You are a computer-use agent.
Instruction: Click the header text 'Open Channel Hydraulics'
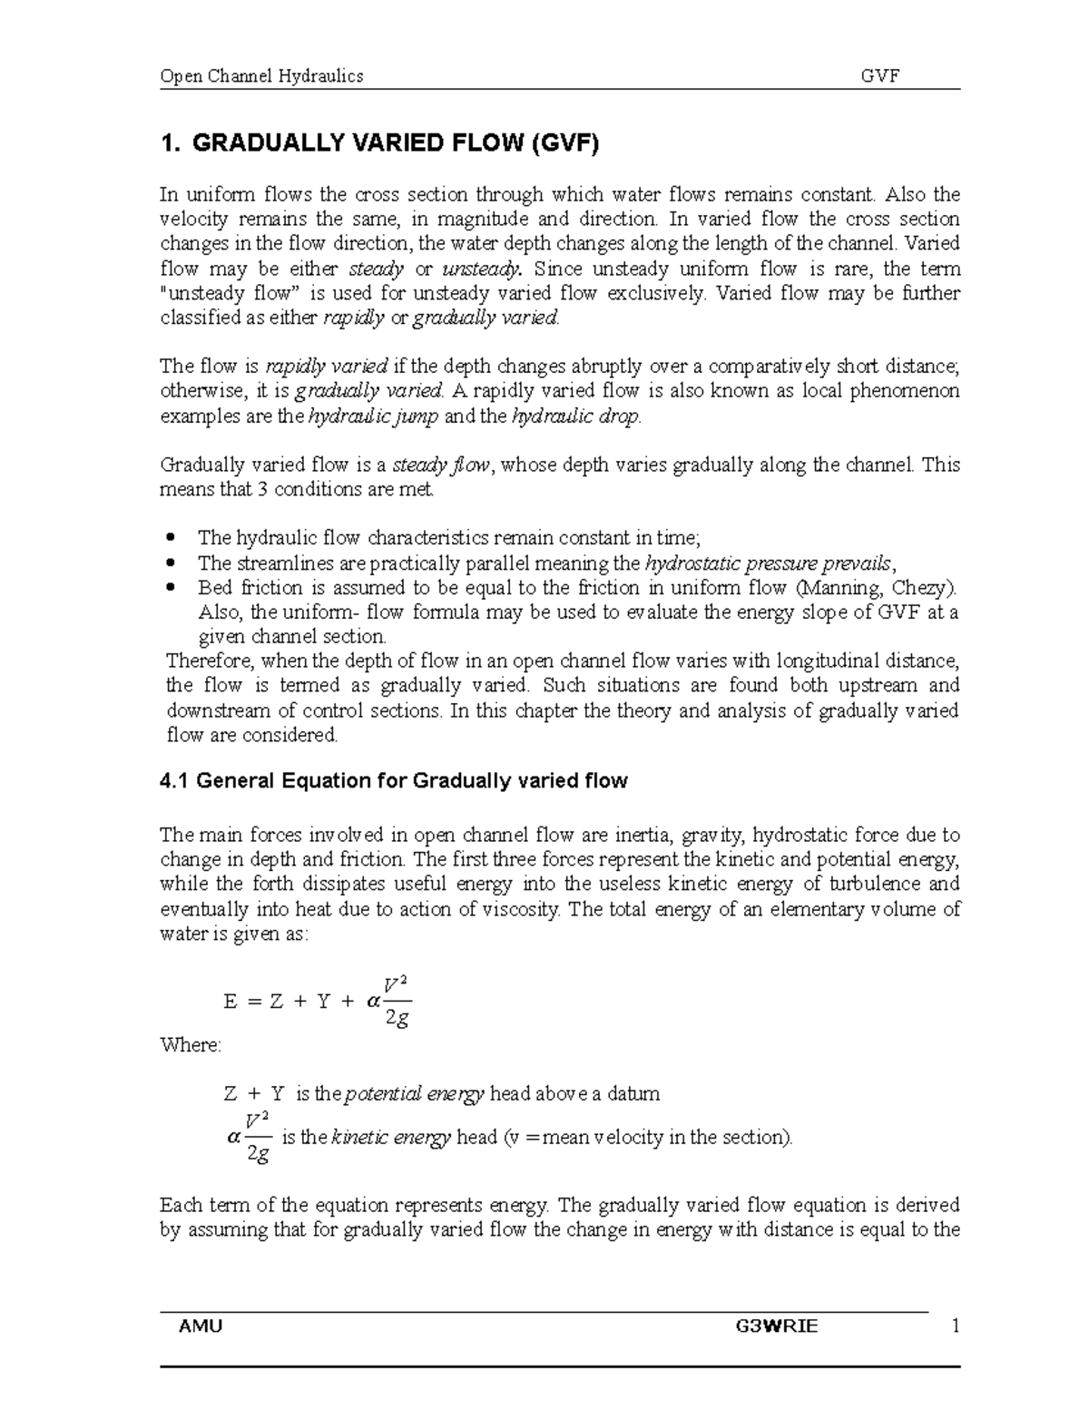pos(261,76)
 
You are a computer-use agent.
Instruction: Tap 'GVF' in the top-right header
pos(879,76)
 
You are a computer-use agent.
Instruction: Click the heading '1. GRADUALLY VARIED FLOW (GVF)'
pos(379,143)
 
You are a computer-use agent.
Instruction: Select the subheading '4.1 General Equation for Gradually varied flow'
pos(393,781)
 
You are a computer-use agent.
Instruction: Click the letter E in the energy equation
pos(230,1003)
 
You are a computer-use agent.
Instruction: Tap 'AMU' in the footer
pos(201,1326)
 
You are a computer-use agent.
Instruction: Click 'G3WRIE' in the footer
pos(777,1326)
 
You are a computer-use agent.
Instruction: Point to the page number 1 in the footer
pos(954,1326)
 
